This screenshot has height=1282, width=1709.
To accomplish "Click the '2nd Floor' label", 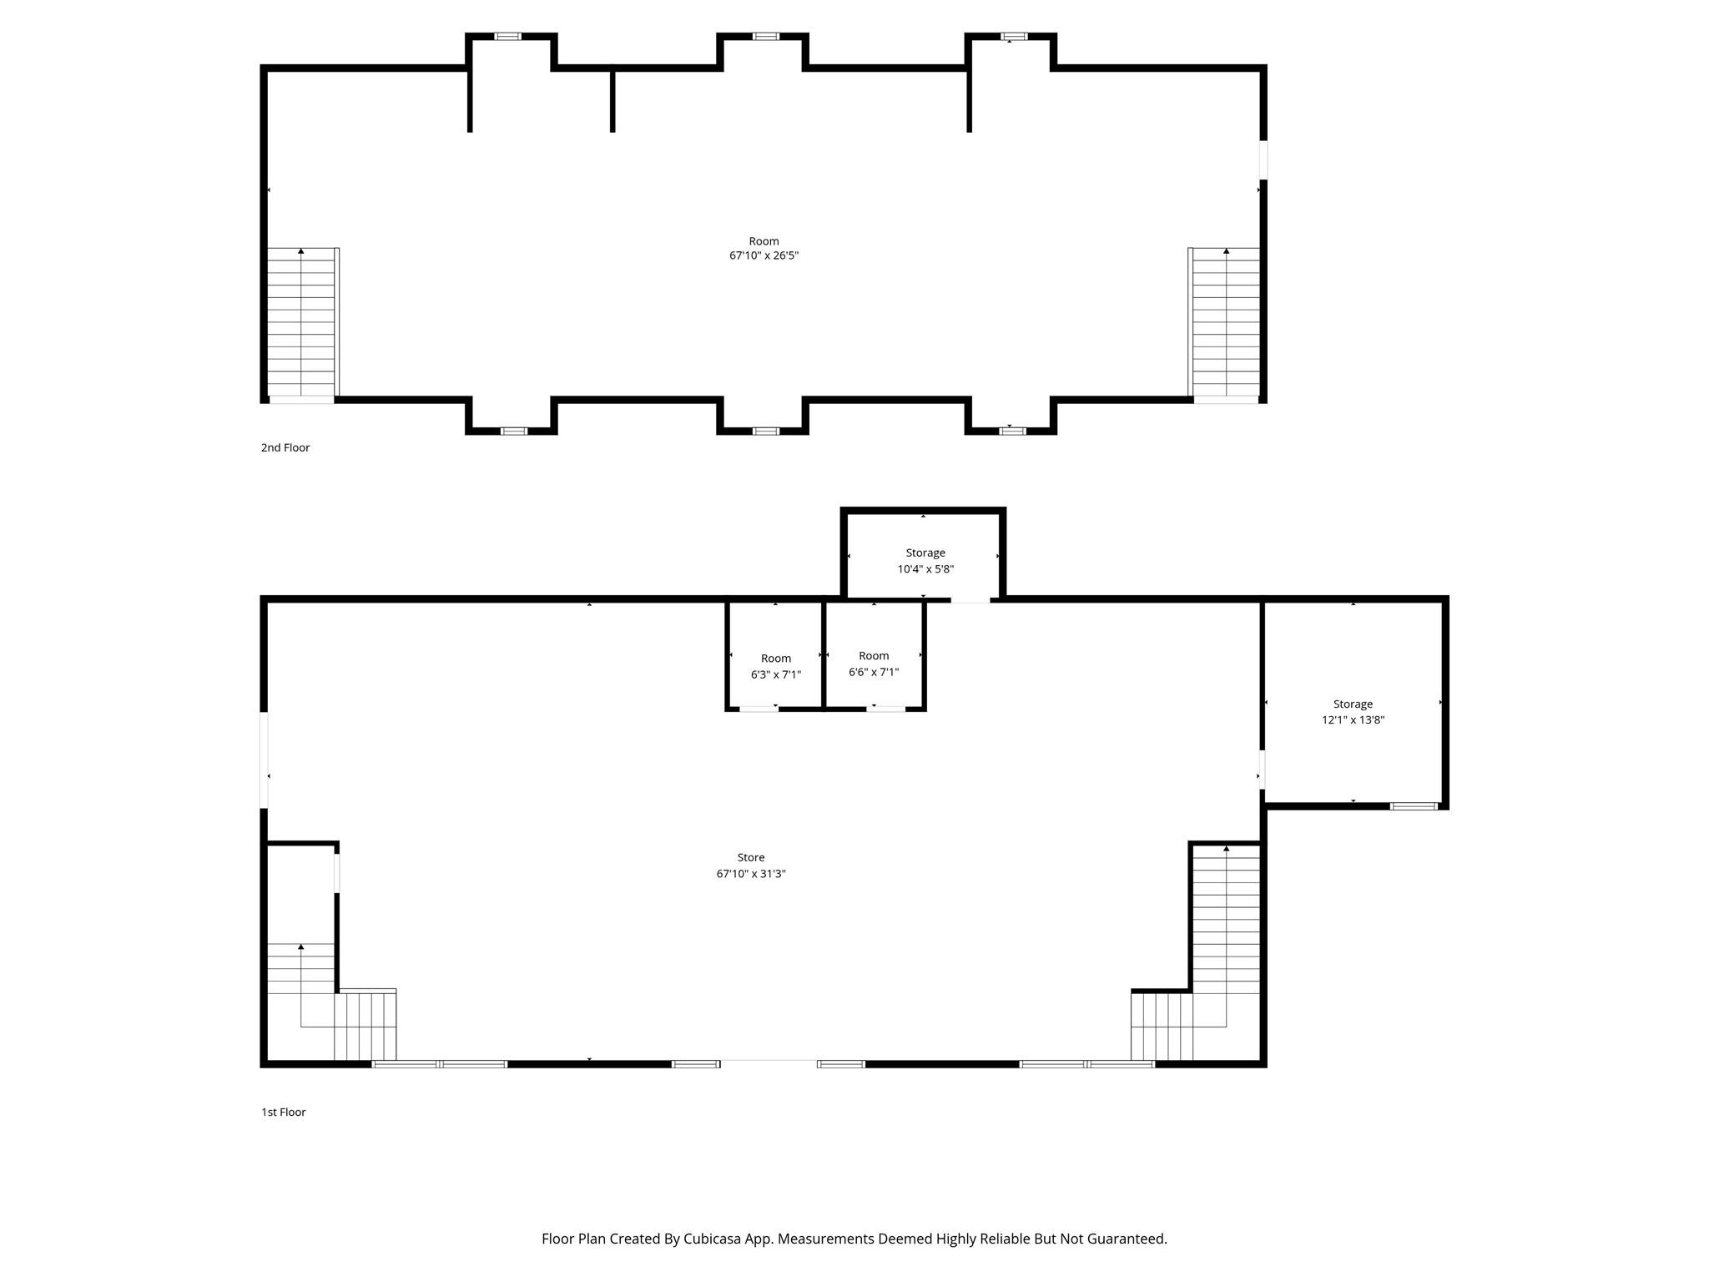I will coord(285,447).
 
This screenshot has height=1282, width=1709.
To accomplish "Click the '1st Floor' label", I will coord(283,1112).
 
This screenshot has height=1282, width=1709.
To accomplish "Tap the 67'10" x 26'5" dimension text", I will coord(764,256).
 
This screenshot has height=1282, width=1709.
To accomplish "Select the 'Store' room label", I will coord(750,857).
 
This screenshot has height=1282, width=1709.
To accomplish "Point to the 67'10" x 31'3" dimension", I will coord(750,874).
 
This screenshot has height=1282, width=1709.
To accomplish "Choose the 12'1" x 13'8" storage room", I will coord(1352,712).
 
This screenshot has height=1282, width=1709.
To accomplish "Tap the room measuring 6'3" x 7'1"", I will coord(775,666).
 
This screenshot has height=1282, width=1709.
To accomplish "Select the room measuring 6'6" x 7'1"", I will coord(874,664).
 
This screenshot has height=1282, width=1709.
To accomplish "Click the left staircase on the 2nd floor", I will coord(301,321).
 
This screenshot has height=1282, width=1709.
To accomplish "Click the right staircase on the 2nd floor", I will coord(1224,321).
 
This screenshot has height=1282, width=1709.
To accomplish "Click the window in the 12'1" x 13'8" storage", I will coord(1413,806).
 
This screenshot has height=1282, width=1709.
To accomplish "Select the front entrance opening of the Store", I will coord(768,1063).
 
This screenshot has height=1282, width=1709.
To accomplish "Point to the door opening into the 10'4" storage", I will coord(970,599).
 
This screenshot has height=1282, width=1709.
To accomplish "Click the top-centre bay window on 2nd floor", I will coord(765,37).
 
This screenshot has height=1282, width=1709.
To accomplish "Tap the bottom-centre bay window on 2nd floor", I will coord(765,431).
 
